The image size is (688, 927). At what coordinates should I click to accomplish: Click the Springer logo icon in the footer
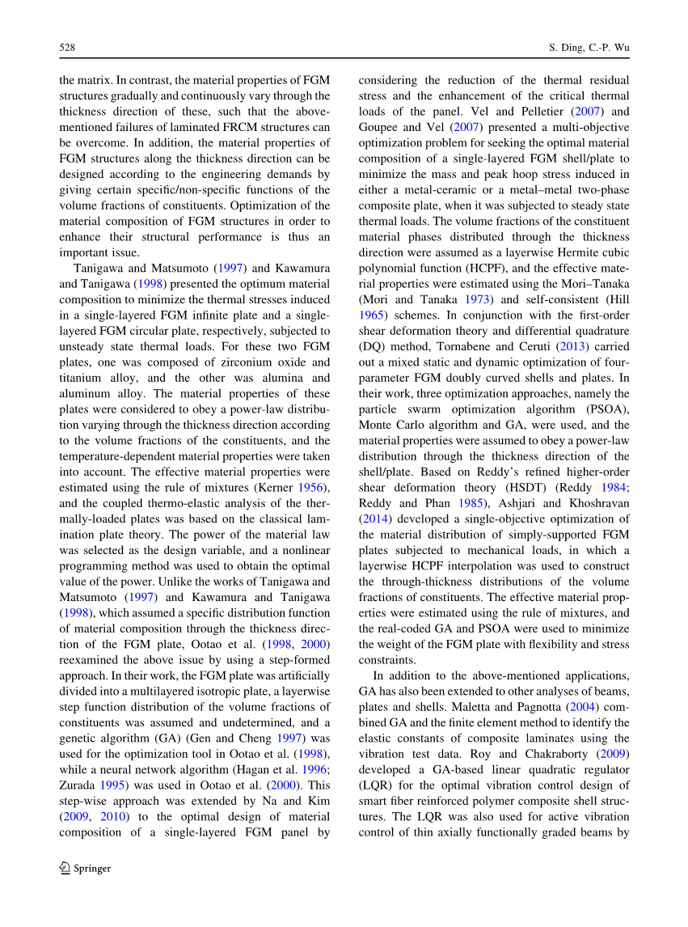65,869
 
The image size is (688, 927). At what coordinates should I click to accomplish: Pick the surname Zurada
79,785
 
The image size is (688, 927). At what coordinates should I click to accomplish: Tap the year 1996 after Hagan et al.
313,769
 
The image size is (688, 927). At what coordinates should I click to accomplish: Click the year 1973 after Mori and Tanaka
475,299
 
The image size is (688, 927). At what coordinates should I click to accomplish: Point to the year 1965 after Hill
372,315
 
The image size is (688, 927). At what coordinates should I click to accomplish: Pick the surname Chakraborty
551,754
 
